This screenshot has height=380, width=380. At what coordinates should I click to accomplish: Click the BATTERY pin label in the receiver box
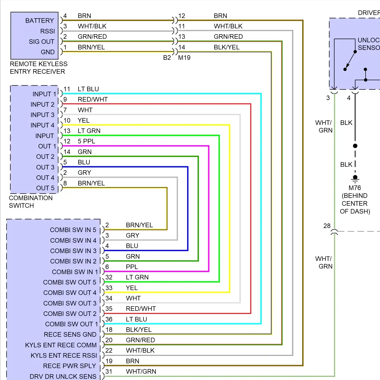pos(40,21)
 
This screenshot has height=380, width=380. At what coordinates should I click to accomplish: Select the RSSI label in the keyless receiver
pos(48,31)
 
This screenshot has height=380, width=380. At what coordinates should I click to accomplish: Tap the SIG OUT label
pos(42,42)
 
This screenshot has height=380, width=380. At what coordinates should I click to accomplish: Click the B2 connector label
pos(167,58)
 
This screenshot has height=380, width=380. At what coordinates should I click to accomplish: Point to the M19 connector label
pos(184,58)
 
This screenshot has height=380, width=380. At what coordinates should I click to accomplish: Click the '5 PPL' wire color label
pos(86,141)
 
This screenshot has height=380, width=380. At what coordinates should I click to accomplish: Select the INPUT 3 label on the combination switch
pos(43,115)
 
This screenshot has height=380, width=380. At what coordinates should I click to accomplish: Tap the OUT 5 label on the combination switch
pos(45,188)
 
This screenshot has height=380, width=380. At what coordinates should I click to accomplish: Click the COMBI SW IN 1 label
pos(75,272)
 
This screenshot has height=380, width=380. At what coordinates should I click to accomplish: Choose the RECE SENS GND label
pos(70,334)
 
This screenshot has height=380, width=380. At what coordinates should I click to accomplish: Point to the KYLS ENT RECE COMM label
pos(61,345)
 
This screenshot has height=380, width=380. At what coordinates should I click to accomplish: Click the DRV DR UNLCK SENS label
pos(63,376)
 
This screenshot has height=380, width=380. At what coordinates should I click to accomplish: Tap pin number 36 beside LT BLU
pos(109,319)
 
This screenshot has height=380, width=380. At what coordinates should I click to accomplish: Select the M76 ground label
pos(355,188)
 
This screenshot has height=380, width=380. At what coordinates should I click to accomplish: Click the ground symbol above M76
pos(355,179)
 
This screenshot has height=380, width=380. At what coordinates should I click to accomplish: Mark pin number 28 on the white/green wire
pos(327,226)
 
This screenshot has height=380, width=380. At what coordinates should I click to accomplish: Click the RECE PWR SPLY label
pos(70,366)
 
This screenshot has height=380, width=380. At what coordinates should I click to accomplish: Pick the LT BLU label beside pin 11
pos(88,89)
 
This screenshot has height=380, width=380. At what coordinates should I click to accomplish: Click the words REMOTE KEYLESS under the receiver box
pos(39,64)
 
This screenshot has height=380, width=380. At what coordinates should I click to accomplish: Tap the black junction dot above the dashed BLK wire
pos(355,146)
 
